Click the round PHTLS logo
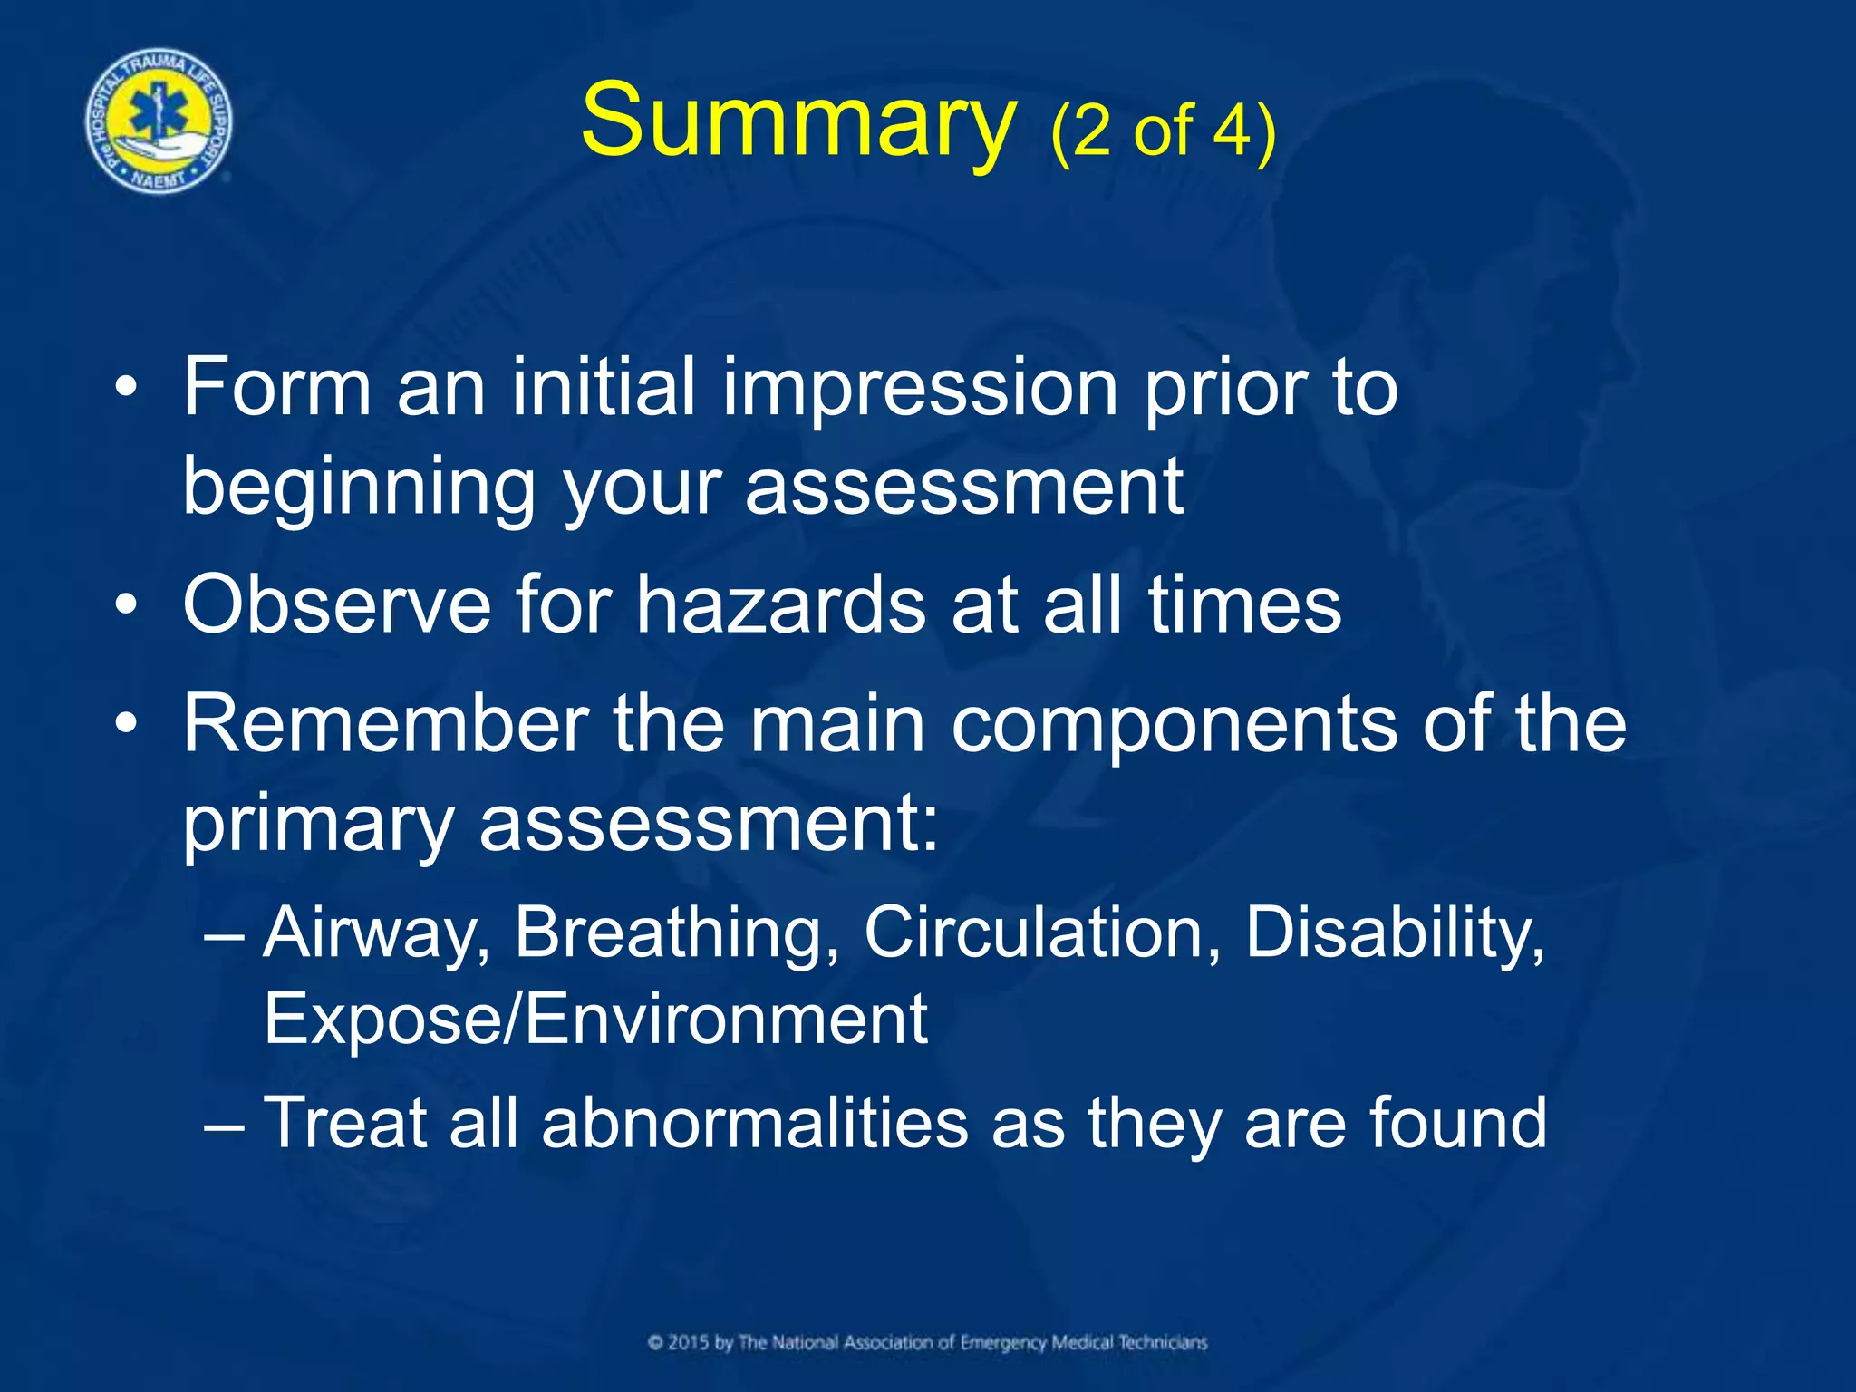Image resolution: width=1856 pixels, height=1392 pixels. click(x=159, y=121)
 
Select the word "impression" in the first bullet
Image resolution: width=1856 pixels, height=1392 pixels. click(x=919, y=388)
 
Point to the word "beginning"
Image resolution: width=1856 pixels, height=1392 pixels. click(x=359, y=489)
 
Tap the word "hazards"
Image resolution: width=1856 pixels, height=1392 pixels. click(x=780, y=604)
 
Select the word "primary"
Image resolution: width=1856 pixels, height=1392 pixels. click(x=318, y=826)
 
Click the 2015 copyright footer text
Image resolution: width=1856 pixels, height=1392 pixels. click(x=927, y=1342)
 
